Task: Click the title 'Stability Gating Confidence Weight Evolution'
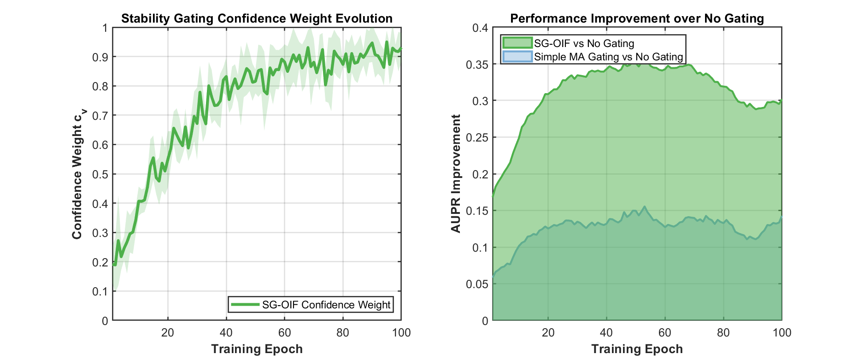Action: [257, 18]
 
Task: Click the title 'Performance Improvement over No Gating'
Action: [637, 18]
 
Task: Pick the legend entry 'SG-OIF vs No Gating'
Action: [584, 43]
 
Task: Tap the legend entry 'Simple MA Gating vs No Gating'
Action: [608, 57]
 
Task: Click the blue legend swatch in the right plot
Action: [517, 57]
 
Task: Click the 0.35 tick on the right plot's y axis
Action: [478, 65]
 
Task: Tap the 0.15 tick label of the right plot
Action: [478, 211]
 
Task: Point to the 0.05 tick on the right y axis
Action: [478, 284]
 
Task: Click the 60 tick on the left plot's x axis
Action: [284, 333]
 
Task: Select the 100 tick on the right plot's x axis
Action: [782, 333]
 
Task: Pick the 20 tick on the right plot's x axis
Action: [548, 333]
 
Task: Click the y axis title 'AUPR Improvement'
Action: [456, 174]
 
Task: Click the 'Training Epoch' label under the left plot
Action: [257, 349]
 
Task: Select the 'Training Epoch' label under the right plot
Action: [637, 349]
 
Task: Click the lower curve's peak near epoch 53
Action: [644, 207]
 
